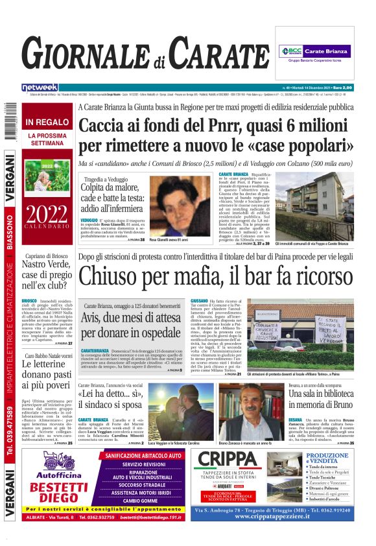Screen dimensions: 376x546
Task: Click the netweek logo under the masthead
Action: coord(40,88)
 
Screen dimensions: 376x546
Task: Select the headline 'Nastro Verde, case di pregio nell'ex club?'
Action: coord(48,273)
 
